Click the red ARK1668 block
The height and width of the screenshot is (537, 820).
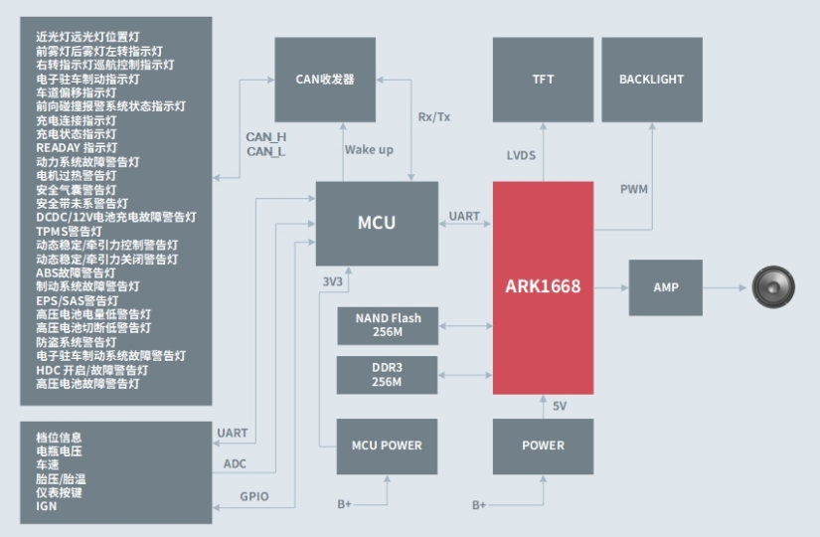(543, 287)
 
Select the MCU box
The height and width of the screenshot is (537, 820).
(377, 223)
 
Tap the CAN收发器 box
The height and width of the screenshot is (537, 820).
(325, 80)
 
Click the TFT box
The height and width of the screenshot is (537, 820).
(543, 80)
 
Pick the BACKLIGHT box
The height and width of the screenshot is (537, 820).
(651, 80)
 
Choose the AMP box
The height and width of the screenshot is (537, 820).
(665, 287)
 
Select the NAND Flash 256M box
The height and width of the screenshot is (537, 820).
(388, 325)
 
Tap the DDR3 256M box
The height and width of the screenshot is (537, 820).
(388, 374)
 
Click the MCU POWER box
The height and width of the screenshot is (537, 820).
(388, 446)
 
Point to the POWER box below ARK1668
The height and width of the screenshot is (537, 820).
(543, 446)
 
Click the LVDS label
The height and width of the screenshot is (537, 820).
(522, 155)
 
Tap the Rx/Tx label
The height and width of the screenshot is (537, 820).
(434, 116)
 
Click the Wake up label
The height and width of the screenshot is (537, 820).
(369, 149)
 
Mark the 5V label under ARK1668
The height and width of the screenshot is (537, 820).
(560, 406)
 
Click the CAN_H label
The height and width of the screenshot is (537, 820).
(266, 136)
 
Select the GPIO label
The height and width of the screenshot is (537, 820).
(254, 496)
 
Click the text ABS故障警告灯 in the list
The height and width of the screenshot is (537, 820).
(76, 272)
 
